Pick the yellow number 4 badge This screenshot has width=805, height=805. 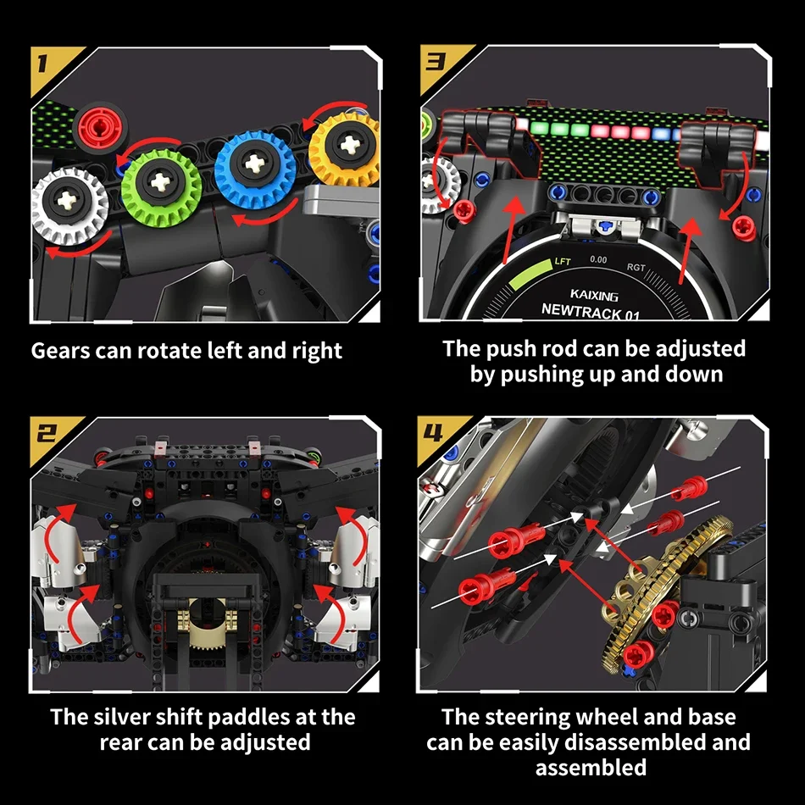434,435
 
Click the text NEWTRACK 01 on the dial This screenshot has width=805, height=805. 591,311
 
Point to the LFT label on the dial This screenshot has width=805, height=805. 562,262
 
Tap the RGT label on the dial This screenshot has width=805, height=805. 636,268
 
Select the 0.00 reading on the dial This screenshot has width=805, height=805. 598,259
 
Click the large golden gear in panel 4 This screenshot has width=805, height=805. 669,593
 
